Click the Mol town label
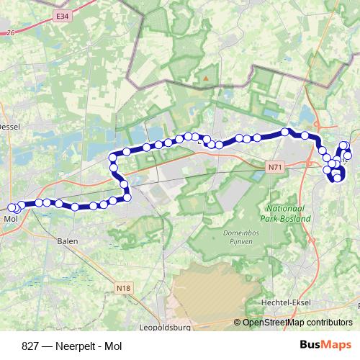(x=10, y=218)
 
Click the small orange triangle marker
(x=206, y=75)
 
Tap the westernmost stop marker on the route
(x=12, y=208)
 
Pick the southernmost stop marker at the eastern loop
(x=337, y=179)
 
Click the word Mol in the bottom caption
(x=112, y=346)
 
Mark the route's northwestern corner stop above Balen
(x=113, y=158)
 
